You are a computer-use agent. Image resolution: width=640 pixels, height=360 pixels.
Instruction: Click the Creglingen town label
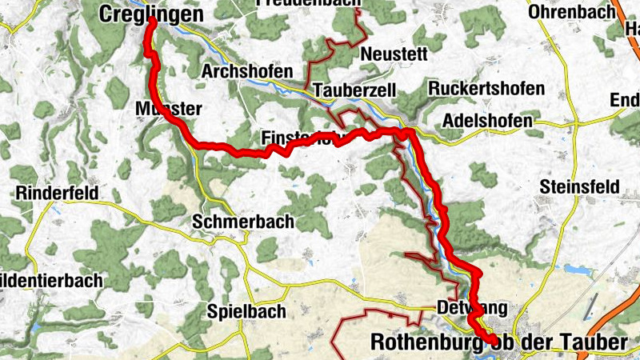coord(152,13)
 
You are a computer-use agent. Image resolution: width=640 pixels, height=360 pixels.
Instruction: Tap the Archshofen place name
coord(247,71)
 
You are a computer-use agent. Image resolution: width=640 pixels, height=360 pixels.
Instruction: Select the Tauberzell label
coord(355,90)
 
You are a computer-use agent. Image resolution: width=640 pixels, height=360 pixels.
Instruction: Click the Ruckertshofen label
coord(486,88)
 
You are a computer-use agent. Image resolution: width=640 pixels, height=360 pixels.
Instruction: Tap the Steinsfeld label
coord(579,186)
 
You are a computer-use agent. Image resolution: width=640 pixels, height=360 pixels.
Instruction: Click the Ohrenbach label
coord(572,12)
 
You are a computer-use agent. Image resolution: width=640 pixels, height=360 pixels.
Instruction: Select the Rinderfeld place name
coord(57,194)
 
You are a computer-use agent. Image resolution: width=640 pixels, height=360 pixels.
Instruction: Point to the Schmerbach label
coord(243,222)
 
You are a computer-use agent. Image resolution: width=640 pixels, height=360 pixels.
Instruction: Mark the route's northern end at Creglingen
coord(150,21)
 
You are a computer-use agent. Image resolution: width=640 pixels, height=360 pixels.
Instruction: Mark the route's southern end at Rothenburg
coord(492,342)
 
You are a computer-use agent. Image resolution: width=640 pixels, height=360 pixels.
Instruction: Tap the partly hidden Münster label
coord(164,108)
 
